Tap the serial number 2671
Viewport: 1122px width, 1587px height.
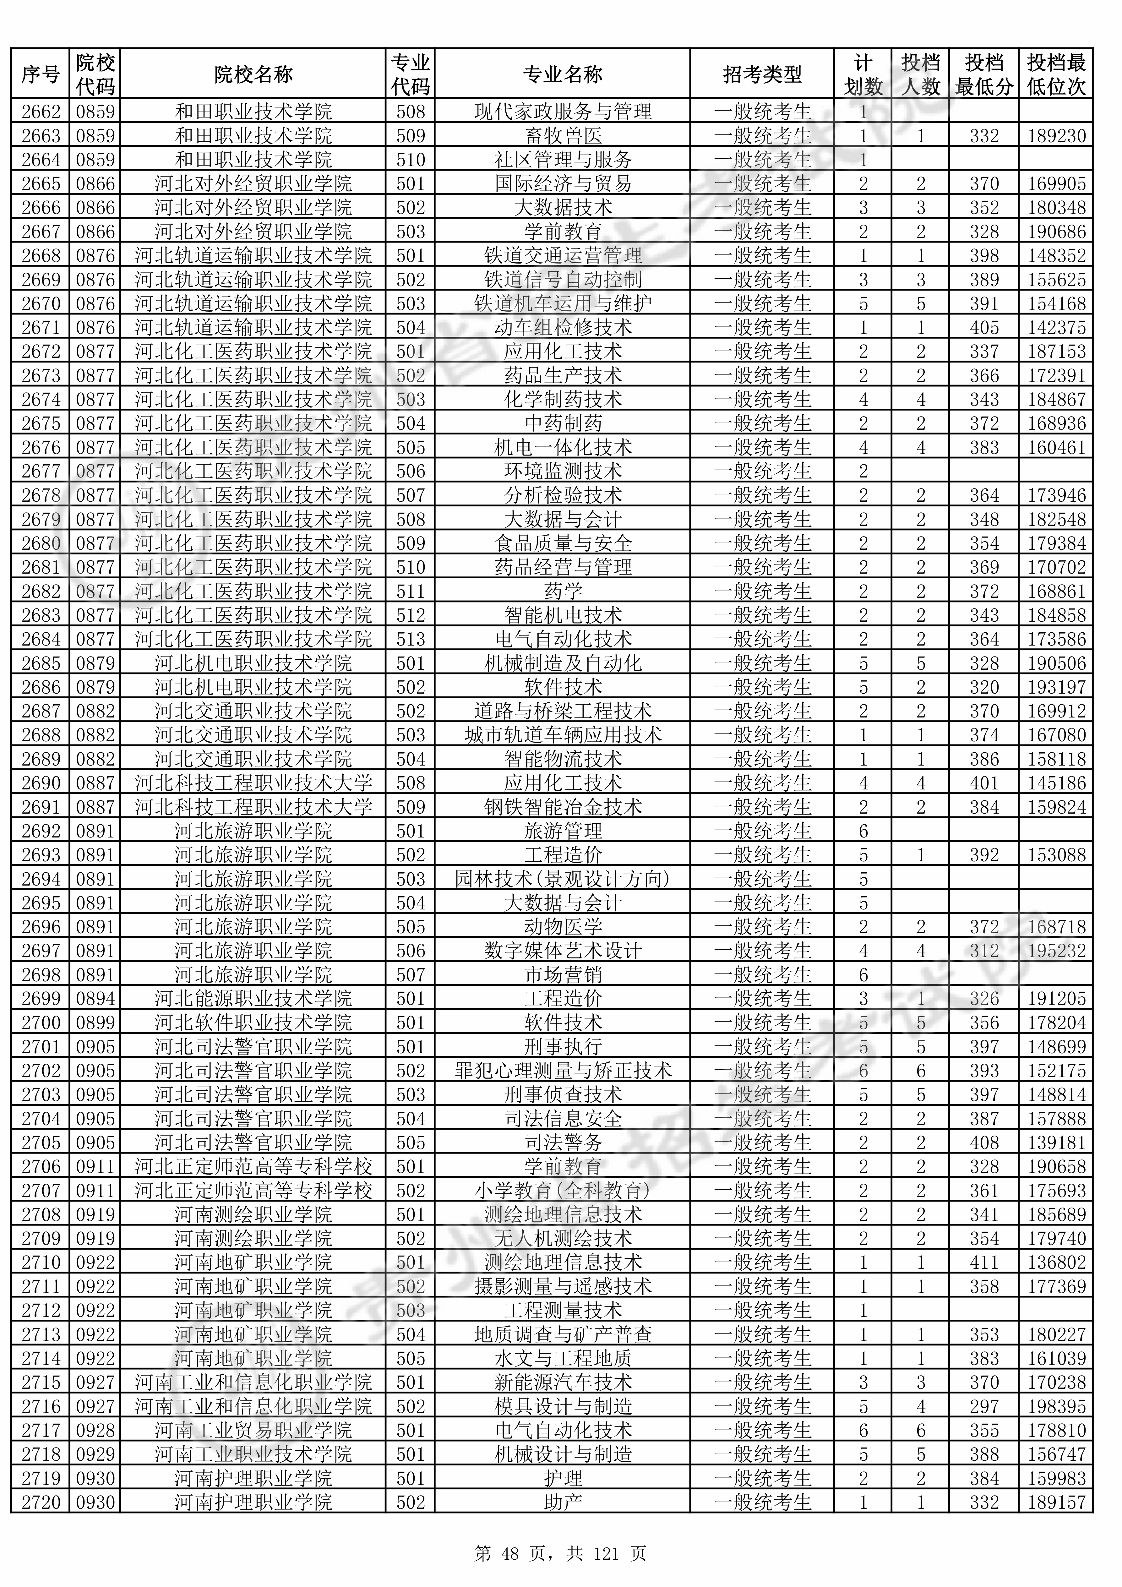coord(41,328)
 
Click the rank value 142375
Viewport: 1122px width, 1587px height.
coord(1056,328)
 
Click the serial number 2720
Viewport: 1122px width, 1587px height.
coord(41,1503)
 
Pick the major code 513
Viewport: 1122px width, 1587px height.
coord(411,639)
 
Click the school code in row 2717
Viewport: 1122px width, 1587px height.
coord(95,1431)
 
